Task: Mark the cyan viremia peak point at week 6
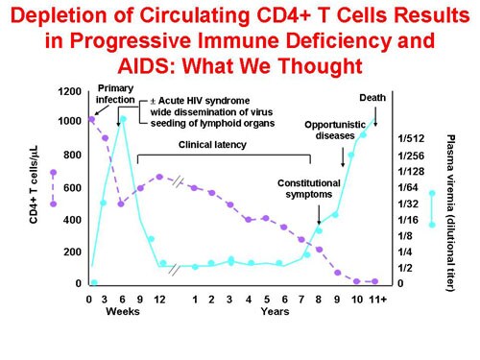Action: pos(122,119)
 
